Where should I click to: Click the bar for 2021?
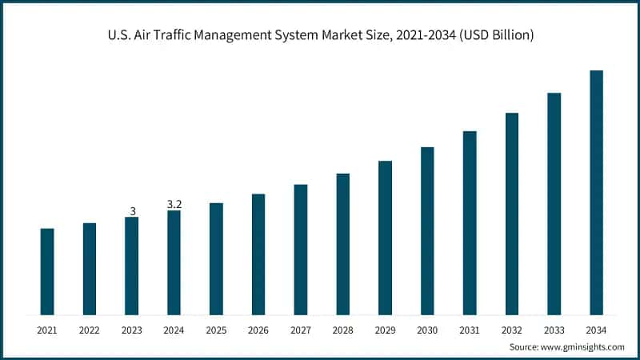tap(47, 271)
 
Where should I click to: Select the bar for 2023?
tap(132, 266)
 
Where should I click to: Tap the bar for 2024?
tap(174, 262)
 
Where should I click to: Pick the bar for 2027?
tap(301, 249)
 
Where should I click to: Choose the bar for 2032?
tap(512, 214)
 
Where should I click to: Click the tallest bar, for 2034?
tap(596, 192)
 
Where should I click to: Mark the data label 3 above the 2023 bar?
tap(132, 211)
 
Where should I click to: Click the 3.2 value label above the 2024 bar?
tap(174, 205)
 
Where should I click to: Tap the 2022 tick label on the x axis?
tap(90, 330)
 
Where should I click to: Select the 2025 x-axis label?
tap(216, 330)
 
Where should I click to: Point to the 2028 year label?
tap(342, 330)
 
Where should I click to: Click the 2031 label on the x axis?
tap(470, 330)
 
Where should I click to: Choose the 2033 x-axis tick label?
tap(554, 330)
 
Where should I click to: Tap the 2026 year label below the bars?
tap(258, 330)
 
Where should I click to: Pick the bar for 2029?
tap(385, 238)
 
